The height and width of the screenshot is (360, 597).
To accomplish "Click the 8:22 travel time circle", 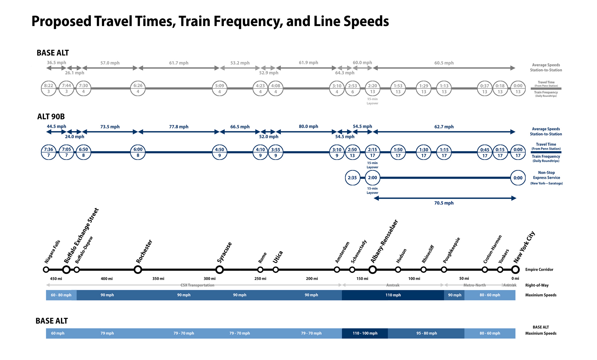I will pos(49,88).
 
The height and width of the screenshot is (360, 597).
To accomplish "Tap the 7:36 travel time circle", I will pos(49,152).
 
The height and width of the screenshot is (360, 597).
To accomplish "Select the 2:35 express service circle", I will pos(352,178).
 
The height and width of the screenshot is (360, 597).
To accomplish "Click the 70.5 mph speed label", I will pos(444,203).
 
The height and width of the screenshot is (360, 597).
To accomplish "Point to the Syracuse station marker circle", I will pos(220,269).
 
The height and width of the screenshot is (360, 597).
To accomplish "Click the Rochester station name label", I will pos(144,252).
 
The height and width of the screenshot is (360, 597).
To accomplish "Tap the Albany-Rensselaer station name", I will pos(384,241).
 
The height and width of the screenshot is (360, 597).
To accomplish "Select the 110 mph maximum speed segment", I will pos(393,295).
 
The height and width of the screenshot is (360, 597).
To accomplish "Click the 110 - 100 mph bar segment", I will pos(365,333).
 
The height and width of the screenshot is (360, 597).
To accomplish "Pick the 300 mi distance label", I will pos(210,279).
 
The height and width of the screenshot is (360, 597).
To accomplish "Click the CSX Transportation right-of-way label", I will pos(197,285).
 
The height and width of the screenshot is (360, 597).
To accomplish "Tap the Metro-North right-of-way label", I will pos(474,285).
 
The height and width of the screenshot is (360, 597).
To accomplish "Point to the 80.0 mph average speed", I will pos(308,126).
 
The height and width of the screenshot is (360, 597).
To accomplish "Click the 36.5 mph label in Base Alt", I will pos(56,63).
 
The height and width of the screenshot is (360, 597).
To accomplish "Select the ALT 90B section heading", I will pos(51,116).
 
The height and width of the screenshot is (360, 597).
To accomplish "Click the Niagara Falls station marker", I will pos(46,269).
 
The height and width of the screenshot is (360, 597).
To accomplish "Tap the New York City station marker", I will pos(515,269).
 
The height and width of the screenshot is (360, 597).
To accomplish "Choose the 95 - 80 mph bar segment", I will pos(426,333).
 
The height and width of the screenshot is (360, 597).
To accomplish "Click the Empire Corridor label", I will pos(539,269).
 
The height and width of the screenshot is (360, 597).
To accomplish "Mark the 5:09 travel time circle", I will pos(220,88).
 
